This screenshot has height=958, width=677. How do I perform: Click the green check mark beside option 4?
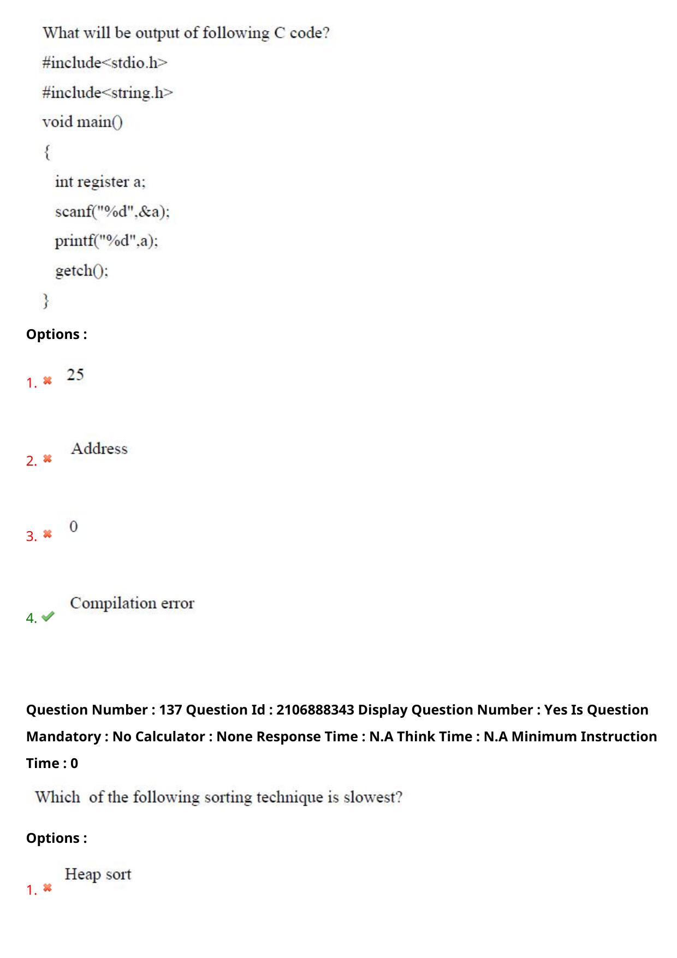click(48, 616)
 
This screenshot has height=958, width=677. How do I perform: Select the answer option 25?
click(75, 374)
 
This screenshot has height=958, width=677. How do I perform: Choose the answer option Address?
click(99, 449)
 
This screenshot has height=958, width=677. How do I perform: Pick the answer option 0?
click(74, 527)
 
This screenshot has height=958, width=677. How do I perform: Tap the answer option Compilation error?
click(132, 603)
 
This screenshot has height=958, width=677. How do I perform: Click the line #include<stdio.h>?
click(105, 63)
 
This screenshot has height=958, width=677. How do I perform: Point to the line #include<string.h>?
click(108, 93)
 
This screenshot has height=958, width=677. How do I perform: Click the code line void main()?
click(82, 122)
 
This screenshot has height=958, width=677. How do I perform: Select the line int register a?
click(100, 182)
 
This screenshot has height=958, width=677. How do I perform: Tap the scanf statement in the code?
click(112, 212)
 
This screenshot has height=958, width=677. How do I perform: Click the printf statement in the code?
click(106, 241)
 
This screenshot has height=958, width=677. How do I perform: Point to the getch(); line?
click(82, 271)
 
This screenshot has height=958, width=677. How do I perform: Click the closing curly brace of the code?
click(46, 300)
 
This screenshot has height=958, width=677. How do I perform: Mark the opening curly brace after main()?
click(47, 152)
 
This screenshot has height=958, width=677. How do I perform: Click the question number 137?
click(170, 710)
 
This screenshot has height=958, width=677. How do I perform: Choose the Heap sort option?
click(98, 874)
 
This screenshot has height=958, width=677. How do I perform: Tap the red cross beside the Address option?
click(47, 459)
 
